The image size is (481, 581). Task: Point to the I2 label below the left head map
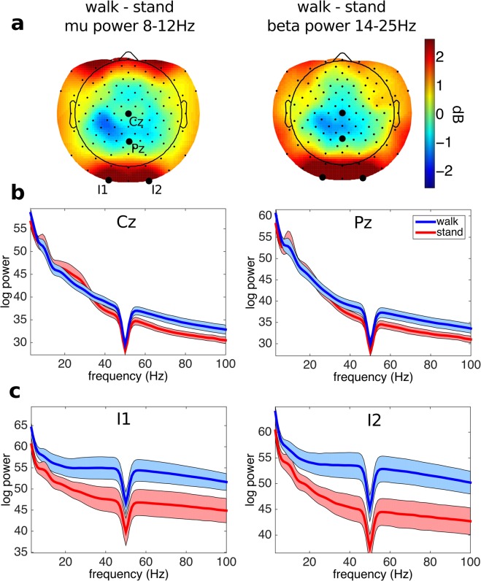pos(156,191)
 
